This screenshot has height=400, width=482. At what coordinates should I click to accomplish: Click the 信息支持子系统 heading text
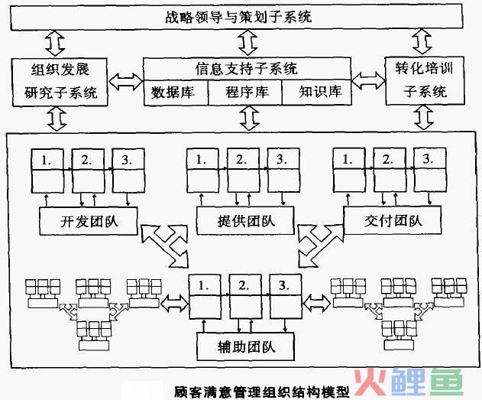pyautogui.click(x=246, y=70)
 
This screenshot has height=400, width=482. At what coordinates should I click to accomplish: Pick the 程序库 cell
pyautogui.click(x=246, y=93)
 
